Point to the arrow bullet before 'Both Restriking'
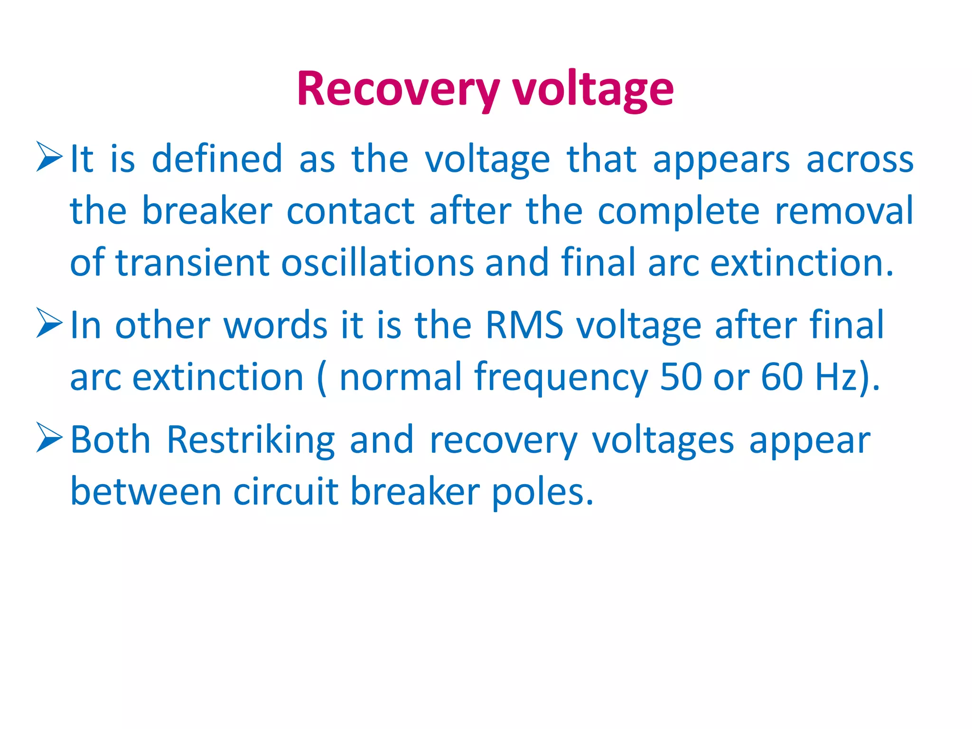coord(49,438)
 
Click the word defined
coord(217,159)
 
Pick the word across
coord(860,159)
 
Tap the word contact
coord(351,211)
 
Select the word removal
coord(843,211)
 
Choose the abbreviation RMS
coord(524,325)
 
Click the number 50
coord(681,377)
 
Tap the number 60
coord(782,377)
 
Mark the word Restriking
coord(251,440)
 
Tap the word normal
coord(401,377)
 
